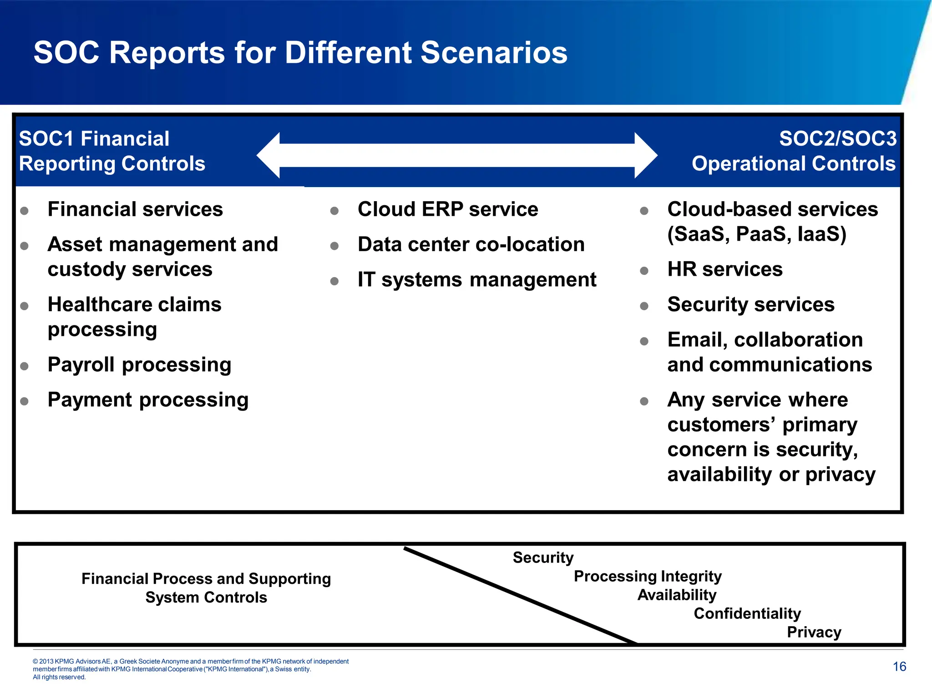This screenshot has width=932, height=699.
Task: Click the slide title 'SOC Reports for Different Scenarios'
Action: coord(300,52)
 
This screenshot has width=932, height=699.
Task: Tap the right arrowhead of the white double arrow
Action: coord(645,155)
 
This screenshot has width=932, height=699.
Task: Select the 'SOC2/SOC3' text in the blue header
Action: coord(837,138)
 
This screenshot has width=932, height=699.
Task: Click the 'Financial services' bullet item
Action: coord(135,209)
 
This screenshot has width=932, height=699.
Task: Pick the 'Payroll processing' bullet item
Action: coord(139,365)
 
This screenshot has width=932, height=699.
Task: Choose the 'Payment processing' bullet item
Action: coord(148,400)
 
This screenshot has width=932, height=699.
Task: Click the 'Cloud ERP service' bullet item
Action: coord(448,209)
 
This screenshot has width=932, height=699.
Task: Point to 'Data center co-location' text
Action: coord(471,244)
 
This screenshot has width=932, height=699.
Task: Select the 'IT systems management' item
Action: coord(476,279)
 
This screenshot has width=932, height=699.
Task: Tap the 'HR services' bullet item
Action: coord(724,269)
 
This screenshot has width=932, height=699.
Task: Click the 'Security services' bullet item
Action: coord(751,304)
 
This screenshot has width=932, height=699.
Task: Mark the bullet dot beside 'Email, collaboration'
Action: coord(644,341)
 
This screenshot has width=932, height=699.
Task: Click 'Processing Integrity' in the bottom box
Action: coord(648,576)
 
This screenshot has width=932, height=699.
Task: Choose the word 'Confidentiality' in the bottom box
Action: coord(747,613)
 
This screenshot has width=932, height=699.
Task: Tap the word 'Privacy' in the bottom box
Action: coord(814,632)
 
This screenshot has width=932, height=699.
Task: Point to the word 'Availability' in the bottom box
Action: coord(677,595)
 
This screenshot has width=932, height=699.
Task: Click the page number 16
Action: coord(899,667)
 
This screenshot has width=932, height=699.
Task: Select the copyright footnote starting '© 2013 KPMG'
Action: coord(191,669)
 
